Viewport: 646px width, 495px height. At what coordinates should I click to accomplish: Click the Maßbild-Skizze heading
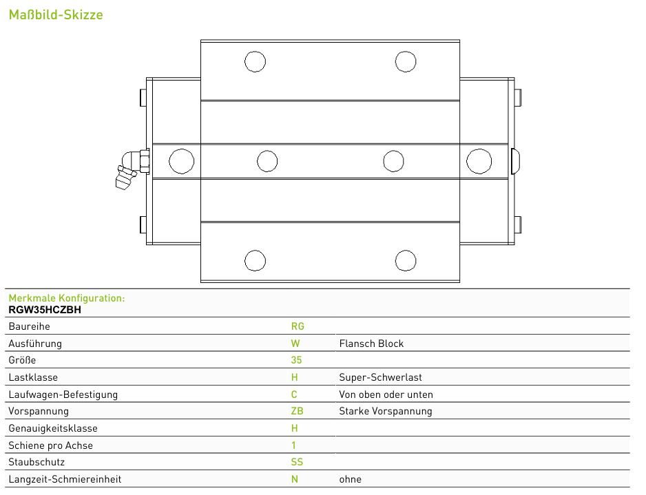56,15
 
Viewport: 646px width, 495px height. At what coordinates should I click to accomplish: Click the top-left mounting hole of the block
255,62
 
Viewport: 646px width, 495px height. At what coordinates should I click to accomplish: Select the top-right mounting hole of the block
406,62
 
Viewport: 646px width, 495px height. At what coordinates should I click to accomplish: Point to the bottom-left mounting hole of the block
255,261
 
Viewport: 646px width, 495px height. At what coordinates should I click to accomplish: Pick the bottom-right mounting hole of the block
406,261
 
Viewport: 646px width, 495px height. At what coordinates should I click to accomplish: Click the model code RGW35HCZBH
45,310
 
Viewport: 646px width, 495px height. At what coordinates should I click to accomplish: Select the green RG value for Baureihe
298,326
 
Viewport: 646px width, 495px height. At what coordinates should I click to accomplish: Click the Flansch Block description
371,344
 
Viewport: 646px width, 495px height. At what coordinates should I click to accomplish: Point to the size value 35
296,360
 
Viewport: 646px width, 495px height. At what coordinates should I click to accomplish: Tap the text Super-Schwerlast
380,377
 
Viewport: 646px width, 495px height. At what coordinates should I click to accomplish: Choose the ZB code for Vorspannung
297,411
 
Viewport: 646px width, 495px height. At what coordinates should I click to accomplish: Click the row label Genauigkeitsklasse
53,428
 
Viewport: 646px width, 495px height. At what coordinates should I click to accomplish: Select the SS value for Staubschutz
297,462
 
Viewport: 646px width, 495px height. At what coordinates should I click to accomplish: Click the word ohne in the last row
350,479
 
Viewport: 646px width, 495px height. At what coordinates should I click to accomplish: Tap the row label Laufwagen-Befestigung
63,394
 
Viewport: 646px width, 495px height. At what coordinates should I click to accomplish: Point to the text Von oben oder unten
386,394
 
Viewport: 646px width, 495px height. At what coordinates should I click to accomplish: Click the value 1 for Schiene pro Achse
293,445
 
